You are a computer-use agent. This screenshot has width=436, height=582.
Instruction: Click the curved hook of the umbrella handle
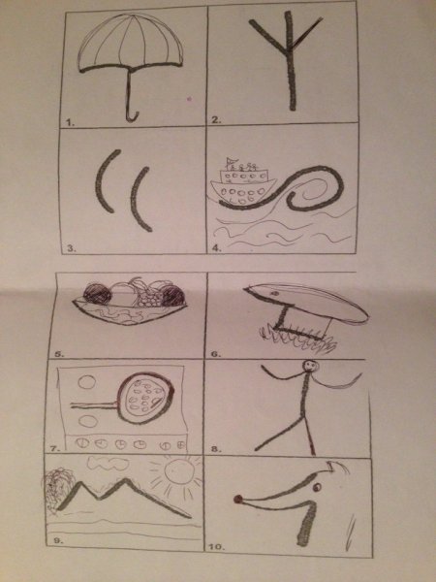click(133, 117)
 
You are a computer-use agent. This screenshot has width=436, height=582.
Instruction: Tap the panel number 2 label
click(216, 119)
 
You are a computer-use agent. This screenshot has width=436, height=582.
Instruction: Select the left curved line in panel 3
click(107, 180)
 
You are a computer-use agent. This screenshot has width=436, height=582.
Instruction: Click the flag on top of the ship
click(231, 161)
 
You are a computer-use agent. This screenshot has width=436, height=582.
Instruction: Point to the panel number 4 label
click(217, 248)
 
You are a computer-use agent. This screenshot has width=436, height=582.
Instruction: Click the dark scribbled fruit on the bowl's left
click(97, 294)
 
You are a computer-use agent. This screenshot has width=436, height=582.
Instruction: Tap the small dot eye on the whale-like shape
click(274, 293)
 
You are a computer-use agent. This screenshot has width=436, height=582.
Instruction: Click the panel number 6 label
click(215, 354)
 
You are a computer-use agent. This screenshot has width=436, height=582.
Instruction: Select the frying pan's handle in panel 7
click(94, 405)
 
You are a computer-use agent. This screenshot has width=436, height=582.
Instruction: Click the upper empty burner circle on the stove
click(87, 382)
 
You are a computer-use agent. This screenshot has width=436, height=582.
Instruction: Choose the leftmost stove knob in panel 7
click(82, 443)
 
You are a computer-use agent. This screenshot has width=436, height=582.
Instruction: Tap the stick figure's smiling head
click(310, 367)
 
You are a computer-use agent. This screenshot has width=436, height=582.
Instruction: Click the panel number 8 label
click(216, 449)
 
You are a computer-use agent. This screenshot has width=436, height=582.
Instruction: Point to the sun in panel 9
click(179, 470)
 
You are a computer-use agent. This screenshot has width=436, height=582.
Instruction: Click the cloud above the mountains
click(109, 464)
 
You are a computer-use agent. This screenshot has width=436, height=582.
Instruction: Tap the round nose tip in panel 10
click(237, 500)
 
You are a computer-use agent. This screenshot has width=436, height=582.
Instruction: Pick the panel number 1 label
click(70, 122)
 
